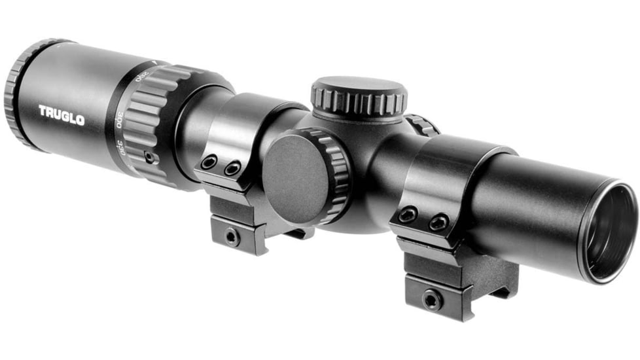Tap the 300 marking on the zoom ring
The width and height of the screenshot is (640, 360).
click(120, 120)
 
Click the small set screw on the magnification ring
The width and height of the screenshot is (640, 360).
click(150, 157)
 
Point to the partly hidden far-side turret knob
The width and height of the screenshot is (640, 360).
click(423, 125)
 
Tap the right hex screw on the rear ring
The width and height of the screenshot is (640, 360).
click(232, 170)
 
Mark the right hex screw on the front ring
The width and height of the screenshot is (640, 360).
click(438, 223)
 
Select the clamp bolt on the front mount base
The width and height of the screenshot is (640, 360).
click(431, 299)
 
